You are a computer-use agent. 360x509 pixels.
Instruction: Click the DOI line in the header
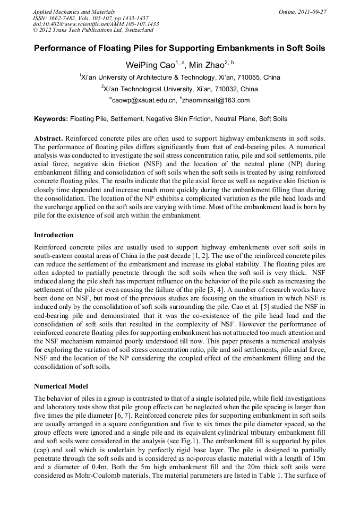[x=96, y=24]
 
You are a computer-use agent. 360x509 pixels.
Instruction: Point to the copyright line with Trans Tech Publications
[x=93, y=31]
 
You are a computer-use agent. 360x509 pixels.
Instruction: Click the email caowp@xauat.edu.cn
[x=144, y=100]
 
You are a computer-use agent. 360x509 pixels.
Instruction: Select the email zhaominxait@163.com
[x=216, y=100]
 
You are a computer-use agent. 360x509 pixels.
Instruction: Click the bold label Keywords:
[x=51, y=119]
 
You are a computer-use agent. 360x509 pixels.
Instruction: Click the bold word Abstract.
[x=49, y=138]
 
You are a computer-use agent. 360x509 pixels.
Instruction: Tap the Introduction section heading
[x=54, y=235]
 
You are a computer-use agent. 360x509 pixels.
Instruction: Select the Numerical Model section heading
[x=61, y=386]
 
